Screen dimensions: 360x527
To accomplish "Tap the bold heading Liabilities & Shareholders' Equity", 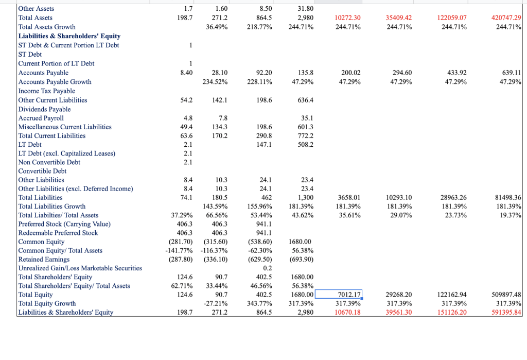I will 69,36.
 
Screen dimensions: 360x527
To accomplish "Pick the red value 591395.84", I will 506,313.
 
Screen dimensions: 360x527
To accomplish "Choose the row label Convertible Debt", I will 42,171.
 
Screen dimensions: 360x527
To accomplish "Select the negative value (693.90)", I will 302,259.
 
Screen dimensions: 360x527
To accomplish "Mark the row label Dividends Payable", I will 44,109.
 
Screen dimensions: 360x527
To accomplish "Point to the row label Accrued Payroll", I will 41,118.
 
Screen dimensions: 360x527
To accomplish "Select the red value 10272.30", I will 347,18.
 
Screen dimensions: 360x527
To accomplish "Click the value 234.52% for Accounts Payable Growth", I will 216,82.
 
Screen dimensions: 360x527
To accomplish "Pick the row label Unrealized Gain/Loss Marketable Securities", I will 80,268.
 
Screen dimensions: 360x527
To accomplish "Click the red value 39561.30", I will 398,313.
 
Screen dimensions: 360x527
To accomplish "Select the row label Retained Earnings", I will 44,259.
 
